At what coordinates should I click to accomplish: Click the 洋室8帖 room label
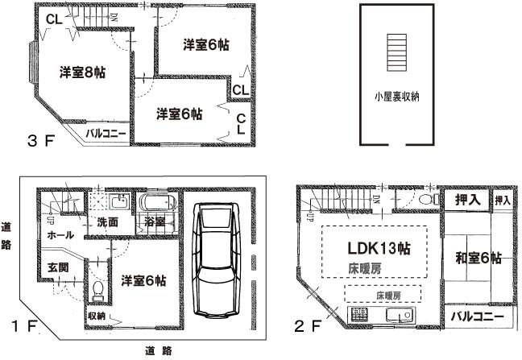tap(82, 72)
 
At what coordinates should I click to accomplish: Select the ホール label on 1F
tap(60, 235)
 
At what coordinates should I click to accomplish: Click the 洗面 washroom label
tap(108, 221)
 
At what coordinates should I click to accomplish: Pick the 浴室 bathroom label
tap(155, 221)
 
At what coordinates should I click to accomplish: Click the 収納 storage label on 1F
tap(96, 317)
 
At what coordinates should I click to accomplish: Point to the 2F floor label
tap(311, 328)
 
